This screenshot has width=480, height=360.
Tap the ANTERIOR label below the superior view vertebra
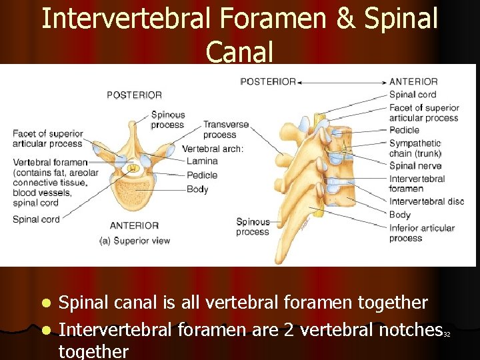coord(134,225)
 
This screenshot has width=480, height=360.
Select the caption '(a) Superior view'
coord(134,241)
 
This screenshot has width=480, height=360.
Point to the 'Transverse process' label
coord(225,129)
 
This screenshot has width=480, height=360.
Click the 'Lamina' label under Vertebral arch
coord(202,161)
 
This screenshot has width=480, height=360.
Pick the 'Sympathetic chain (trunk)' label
coord(415,149)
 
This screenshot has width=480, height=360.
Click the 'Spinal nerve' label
coord(415,166)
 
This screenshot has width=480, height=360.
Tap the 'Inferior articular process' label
coord(422,233)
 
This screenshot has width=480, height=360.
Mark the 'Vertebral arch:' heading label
coord(213,148)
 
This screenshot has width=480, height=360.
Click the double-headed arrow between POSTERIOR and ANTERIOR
coord(343,82)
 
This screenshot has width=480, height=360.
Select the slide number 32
coord(447,334)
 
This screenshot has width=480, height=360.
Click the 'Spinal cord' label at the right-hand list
coord(413,95)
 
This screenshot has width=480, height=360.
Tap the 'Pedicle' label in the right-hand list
coord(404,130)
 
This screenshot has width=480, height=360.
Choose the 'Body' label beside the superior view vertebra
coord(197,189)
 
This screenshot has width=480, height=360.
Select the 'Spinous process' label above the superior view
coord(167,119)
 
